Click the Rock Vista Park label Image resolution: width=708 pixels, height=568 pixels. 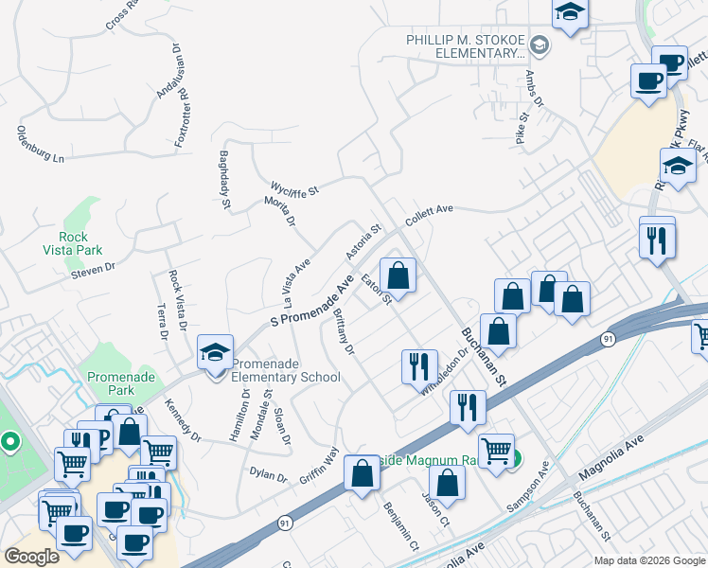[x=65, y=243]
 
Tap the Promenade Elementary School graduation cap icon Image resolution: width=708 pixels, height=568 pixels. [x=215, y=353]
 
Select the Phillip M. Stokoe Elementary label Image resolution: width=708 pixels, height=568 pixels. [x=466, y=46]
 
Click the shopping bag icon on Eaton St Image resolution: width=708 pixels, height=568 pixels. [x=399, y=276]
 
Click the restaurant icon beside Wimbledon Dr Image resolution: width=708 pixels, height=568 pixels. [x=419, y=365]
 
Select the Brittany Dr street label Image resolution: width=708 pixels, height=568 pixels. [x=343, y=332]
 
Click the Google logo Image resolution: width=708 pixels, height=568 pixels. [x=32, y=556]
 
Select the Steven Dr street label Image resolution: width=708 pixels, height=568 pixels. [x=92, y=272]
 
